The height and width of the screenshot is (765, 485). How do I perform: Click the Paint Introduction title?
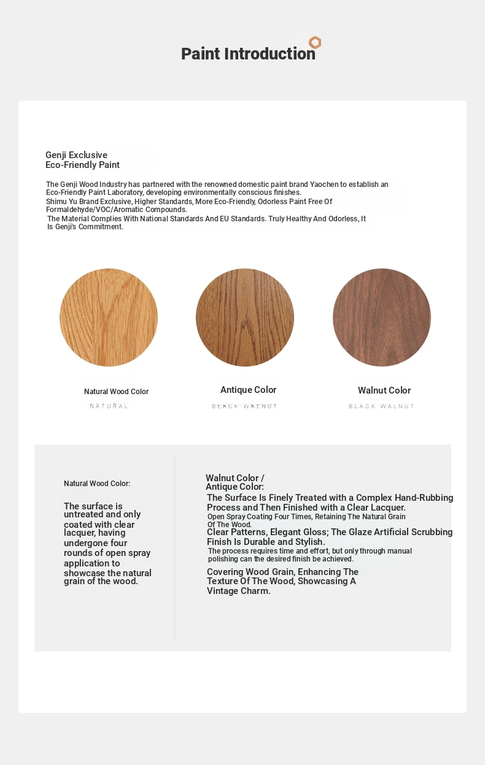click(248, 54)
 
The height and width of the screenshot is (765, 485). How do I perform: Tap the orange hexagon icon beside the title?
click(315, 42)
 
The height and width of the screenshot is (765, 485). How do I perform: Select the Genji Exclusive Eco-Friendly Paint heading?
click(82, 160)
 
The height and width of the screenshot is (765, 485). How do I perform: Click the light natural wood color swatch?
click(109, 318)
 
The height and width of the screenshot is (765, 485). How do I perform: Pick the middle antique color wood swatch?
click(245, 318)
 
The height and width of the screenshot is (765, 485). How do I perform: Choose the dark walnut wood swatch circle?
click(382, 318)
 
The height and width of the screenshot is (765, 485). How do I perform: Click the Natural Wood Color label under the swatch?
click(117, 392)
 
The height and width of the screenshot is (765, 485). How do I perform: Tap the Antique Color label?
click(249, 390)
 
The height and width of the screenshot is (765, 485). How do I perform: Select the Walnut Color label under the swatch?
click(384, 390)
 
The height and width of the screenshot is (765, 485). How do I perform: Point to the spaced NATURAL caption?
click(109, 406)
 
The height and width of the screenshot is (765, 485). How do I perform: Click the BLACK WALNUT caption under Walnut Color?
click(382, 406)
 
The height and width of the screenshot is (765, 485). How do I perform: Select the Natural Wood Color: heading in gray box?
click(97, 484)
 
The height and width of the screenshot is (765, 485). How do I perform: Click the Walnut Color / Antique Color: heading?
click(235, 482)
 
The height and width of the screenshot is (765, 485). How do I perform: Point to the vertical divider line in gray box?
click(175, 547)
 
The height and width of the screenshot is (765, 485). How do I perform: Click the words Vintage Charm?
click(239, 592)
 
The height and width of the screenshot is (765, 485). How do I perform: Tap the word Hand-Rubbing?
click(424, 498)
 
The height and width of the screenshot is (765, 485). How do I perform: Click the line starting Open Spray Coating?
click(306, 517)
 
